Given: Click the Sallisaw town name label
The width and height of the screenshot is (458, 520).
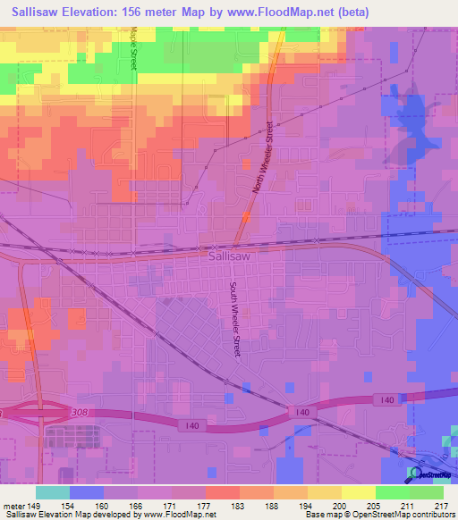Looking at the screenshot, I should coord(227,255).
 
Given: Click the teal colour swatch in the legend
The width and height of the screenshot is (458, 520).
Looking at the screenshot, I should coord(52,491).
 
